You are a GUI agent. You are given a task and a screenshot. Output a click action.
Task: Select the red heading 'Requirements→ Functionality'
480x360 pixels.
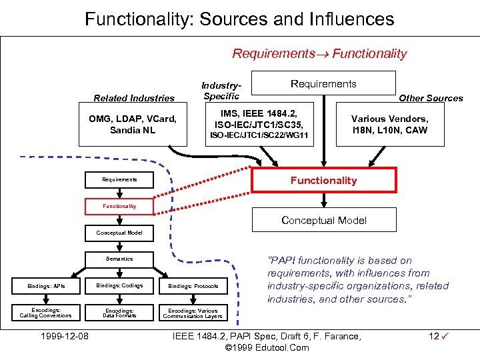[319, 54]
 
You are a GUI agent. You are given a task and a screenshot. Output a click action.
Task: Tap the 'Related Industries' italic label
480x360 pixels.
[134, 98]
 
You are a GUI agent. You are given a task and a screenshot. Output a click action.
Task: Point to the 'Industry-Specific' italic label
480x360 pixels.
[221, 91]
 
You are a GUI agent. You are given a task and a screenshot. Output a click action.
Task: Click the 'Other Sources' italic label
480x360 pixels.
[431, 98]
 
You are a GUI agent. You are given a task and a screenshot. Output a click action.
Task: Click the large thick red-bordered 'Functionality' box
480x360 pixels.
[323, 180]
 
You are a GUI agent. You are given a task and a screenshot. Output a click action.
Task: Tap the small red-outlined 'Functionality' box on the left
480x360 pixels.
[119, 206]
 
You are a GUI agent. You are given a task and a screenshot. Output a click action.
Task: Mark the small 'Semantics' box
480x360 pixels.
[119, 259]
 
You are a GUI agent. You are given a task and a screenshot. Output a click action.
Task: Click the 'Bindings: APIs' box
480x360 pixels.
[46, 285]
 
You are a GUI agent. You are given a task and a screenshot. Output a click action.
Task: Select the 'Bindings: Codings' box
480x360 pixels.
[119, 285]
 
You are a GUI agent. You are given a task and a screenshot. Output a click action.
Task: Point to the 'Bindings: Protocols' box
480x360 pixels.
[193, 285]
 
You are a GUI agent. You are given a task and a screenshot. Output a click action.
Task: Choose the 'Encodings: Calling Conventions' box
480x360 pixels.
[46, 313]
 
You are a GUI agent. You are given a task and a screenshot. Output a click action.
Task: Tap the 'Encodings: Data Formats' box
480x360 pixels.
[119, 313]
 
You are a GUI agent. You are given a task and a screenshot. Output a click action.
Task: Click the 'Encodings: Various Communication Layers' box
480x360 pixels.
[193, 313]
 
